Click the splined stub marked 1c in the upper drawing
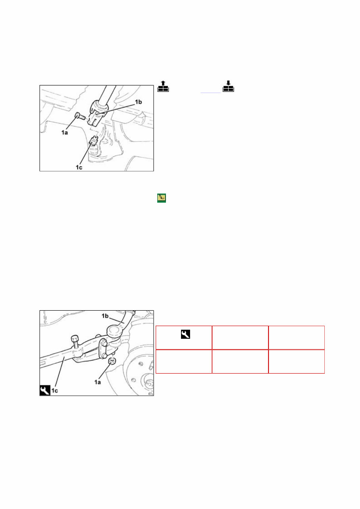(x=94, y=141)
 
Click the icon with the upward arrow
(x=164, y=87)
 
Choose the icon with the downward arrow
(x=229, y=87)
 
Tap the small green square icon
(x=161, y=198)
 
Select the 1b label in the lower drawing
(x=105, y=317)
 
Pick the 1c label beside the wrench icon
(x=55, y=391)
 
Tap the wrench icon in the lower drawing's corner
(x=45, y=391)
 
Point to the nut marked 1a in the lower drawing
(x=112, y=361)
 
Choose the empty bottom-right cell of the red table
(x=296, y=361)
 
